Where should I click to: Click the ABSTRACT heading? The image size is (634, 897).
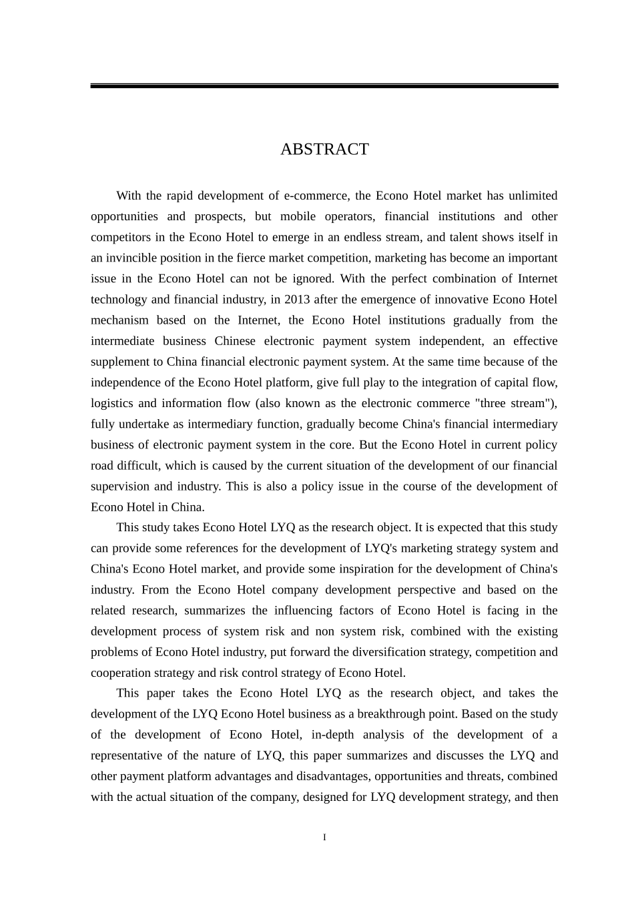pyautogui.click(x=324, y=149)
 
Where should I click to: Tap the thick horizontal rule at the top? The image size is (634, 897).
pyautogui.click(x=324, y=86)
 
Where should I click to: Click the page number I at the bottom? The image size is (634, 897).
pyautogui.click(x=324, y=838)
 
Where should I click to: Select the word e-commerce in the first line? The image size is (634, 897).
pyautogui.click(x=316, y=196)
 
